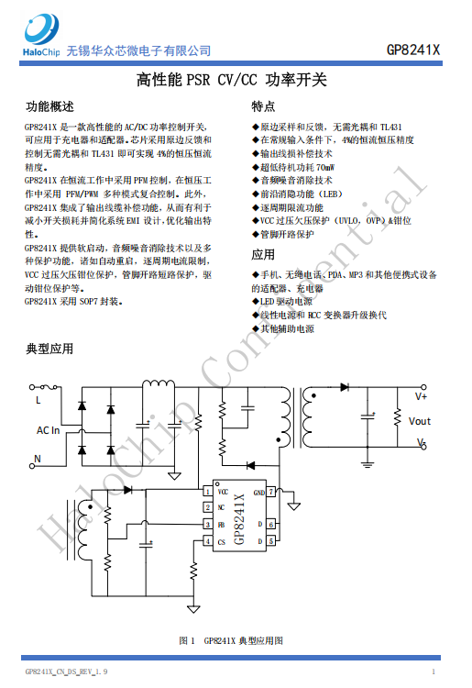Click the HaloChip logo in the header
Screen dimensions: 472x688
tap(41, 35)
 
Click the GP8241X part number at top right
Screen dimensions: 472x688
tap(412, 50)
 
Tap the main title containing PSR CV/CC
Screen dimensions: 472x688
tap(231, 80)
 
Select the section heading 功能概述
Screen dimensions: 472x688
tap(49, 106)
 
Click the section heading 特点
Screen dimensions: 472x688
tap(263, 106)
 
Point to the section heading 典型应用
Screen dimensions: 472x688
tap(49, 349)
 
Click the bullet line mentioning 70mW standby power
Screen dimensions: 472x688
tap(293, 167)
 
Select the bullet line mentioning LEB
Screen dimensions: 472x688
tap(297, 194)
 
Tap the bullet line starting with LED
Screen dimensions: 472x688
tap(282, 302)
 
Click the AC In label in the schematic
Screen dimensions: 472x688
tap(49, 430)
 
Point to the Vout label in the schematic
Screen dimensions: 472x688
tap(420, 421)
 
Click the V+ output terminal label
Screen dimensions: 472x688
tap(422, 396)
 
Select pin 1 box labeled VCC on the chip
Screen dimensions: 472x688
tap(207, 492)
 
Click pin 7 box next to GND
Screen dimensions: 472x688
tap(271, 492)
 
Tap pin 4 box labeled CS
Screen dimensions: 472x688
tap(207, 541)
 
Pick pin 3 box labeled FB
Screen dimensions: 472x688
tap(207, 525)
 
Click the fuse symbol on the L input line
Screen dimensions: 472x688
tap(49, 387)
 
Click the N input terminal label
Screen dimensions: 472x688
tap(38, 459)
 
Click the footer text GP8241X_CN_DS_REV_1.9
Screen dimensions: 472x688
tap(66, 671)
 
